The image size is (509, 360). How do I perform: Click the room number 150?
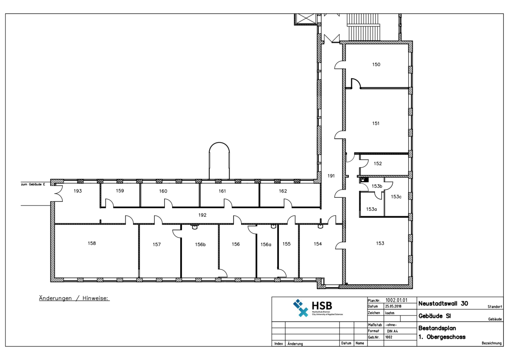click(376, 65)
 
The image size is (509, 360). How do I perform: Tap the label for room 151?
click(376, 124)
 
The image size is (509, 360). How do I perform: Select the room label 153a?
click(371, 209)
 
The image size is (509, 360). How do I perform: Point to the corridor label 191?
click(331, 176)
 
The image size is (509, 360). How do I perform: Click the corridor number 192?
click(202, 215)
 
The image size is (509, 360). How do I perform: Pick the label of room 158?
click(92, 243)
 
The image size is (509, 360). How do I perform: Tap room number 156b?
click(200, 245)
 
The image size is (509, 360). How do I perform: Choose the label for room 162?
click(283, 191)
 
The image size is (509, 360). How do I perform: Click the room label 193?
click(78, 191)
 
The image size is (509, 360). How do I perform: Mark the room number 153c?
click(396, 197)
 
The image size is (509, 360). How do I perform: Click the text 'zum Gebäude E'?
click(33, 185)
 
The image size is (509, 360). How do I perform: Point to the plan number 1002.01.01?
click(396, 300)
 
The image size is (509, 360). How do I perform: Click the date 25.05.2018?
click(393, 306)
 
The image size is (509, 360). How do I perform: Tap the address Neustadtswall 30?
click(443, 303)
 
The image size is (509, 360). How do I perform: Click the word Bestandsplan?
click(437, 328)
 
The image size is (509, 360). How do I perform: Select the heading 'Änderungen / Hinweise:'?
click(74, 298)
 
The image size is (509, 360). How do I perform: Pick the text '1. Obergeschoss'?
click(442, 337)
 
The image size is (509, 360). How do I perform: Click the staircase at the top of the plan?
click(363, 27)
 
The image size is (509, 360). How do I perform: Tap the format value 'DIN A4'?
click(392, 331)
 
